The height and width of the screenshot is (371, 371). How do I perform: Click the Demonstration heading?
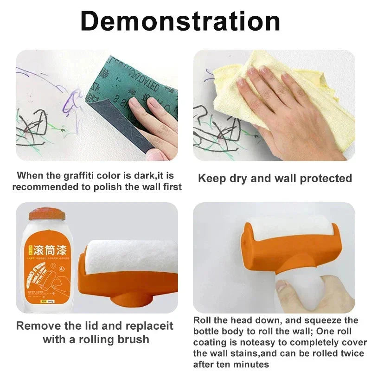coord(180,21)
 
